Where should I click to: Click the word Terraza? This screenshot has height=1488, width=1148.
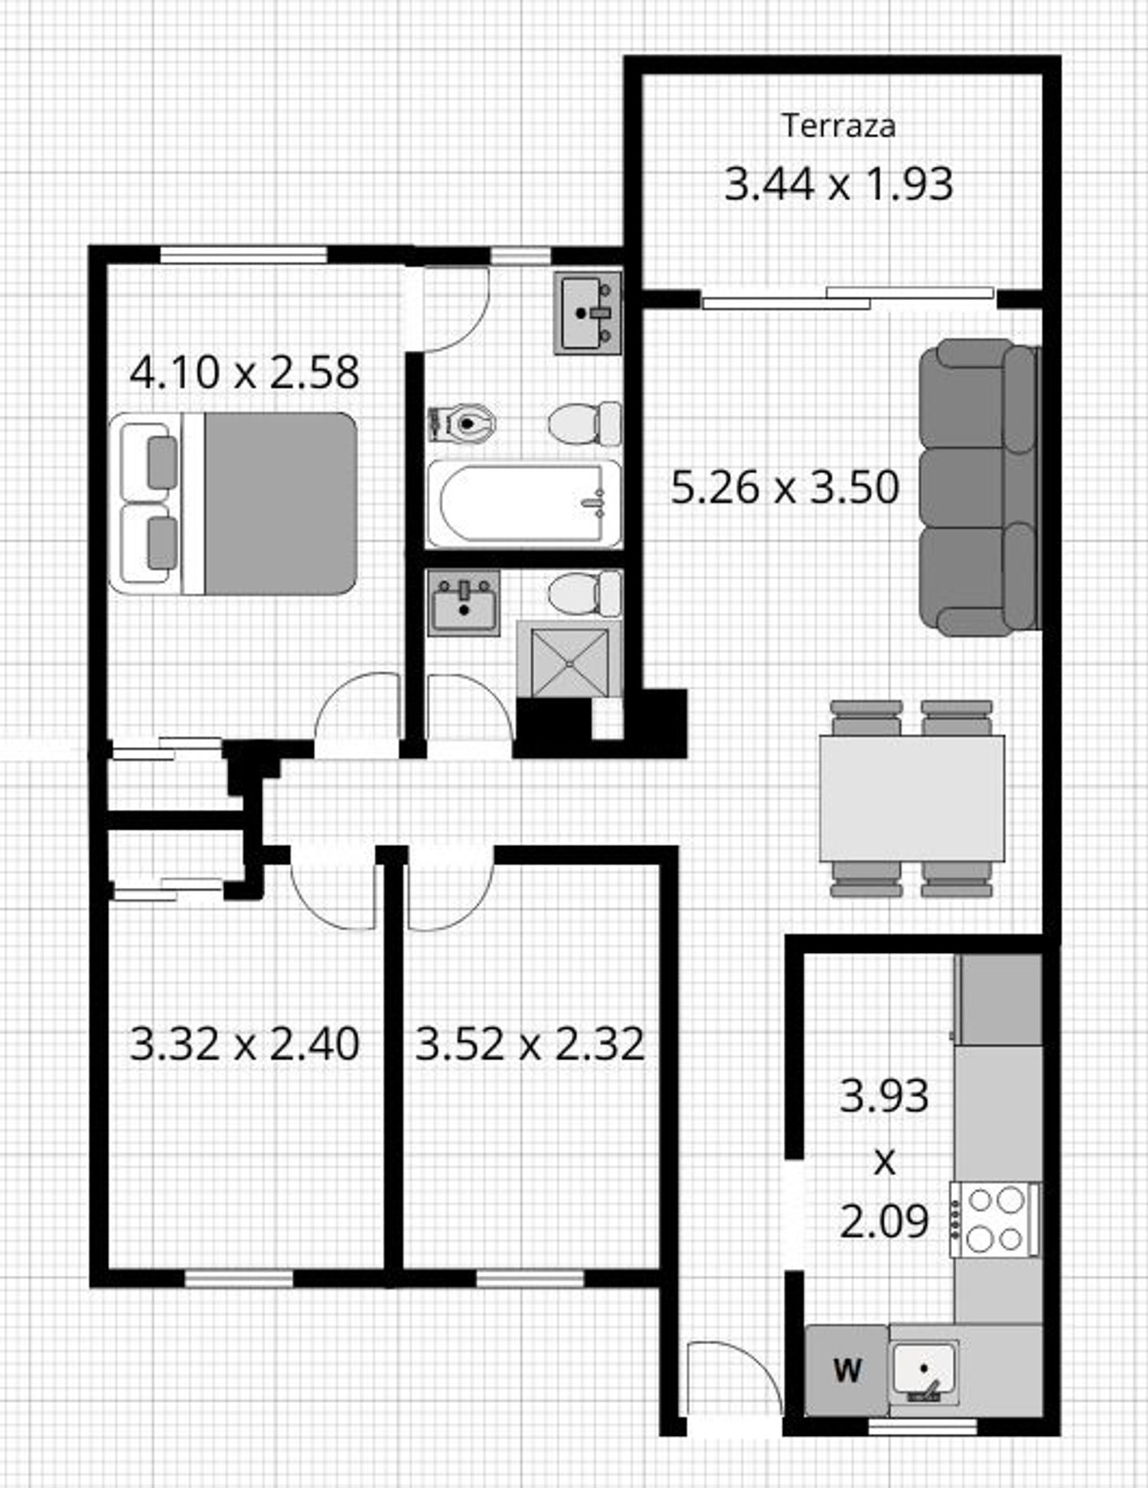[x=838, y=126]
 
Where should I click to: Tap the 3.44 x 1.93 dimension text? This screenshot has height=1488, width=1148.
[x=839, y=184]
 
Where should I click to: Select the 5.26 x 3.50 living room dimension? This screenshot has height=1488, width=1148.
[x=784, y=488]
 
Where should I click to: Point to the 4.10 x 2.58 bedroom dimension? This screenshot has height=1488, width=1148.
[x=244, y=373]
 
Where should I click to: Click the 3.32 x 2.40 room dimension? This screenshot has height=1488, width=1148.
[x=244, y=1043]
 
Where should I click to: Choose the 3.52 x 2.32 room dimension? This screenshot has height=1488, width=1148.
[x=530, y=1043]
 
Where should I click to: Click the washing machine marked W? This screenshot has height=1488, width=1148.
[x=846, y=1370]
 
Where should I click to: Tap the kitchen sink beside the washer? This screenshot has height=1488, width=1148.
[x=925, y=1372]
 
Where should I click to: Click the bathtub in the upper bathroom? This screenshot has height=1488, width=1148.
[x=524, y=504]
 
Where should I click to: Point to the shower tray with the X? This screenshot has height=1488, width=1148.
[x=569, y=659]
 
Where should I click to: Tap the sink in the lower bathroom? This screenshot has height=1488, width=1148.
[x=464, y=602]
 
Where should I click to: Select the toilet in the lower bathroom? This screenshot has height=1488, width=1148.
[x=585, y=594]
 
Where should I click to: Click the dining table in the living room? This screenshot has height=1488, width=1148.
[x=912, y=798]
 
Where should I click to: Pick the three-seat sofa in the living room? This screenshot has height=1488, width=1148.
[x=980, y=488]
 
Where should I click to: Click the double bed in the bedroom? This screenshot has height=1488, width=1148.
[x=233, y=504]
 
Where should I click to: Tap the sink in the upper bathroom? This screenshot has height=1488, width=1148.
[x=588, y=313]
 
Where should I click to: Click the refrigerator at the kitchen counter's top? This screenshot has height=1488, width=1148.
[x=998, y=1000]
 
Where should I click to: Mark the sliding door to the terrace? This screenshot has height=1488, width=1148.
[x=848, y=298]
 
